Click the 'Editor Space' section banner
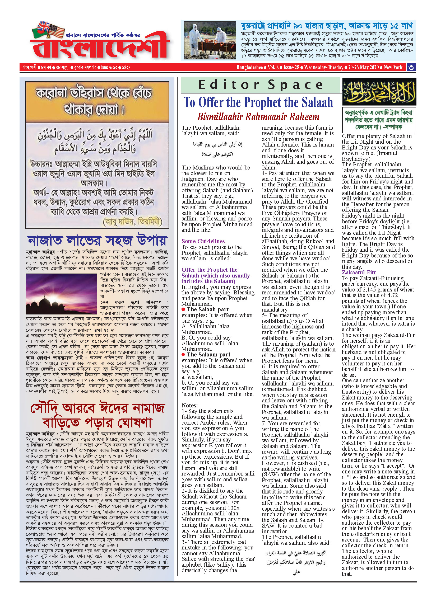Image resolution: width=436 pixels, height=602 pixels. click(260, 85)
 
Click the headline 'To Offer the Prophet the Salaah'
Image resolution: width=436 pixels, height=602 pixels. click(258, 102)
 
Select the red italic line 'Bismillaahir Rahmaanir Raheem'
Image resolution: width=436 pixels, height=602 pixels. click(258, 117)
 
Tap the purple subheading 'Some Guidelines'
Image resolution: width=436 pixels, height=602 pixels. click(203, 241)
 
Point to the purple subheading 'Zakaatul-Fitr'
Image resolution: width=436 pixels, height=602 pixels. click(359, 272)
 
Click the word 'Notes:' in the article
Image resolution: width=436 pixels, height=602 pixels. click(189, 405)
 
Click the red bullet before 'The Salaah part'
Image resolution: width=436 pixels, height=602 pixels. click(183, 309)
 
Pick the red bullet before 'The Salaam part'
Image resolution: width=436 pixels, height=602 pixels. click(183, 355)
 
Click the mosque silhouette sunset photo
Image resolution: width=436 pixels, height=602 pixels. click(61, 294)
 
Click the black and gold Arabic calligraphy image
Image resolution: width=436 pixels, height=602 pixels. click(379, 92)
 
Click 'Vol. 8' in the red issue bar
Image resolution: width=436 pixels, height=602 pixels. click(273, 67)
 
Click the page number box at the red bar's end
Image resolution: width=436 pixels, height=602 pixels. click(411, 67)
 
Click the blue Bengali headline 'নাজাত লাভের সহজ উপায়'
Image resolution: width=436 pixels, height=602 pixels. click(97, 241)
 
